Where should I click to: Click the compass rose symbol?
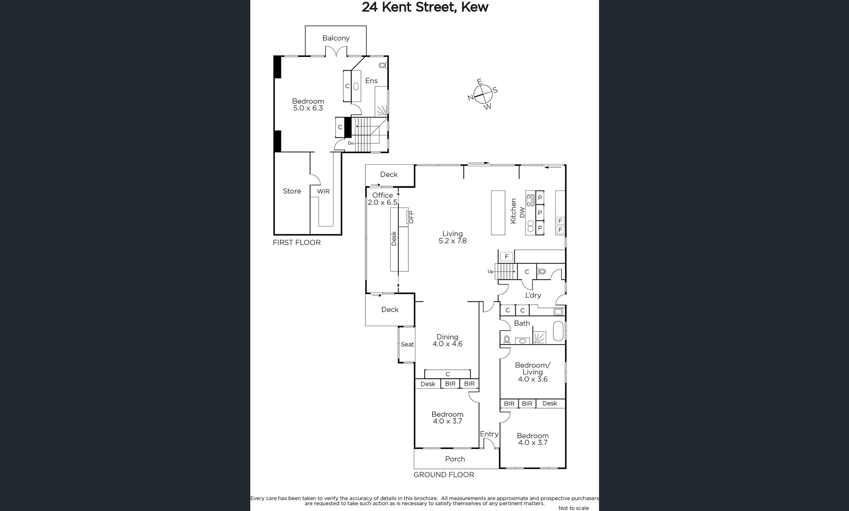[482, 94]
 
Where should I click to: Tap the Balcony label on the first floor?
[336, 38]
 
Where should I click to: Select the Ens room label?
[371, 80]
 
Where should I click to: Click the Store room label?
[292, 191]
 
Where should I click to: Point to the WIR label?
[323, 191]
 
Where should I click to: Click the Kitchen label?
[513, 211]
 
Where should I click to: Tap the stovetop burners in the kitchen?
[531, 200]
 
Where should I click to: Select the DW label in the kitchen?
[522, 212]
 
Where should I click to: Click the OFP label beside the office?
[411, 217]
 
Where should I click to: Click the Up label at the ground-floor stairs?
[491, 272]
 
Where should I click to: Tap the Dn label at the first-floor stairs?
[351, 143]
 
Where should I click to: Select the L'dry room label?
[533, 295]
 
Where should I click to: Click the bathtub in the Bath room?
[558, 331]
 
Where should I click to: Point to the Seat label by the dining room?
[407, 344]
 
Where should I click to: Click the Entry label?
[489, 434]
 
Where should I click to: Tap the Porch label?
[455, 459]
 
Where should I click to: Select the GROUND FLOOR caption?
[444, 475]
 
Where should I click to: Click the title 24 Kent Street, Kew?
[425, 7]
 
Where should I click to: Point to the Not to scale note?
[574, 508]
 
